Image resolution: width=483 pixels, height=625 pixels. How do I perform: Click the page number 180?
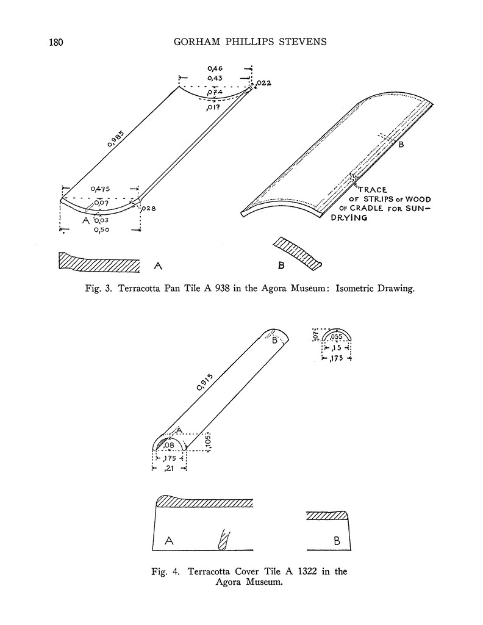55,43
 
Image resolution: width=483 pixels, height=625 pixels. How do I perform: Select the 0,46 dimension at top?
214,69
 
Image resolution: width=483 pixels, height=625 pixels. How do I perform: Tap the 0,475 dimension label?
101,189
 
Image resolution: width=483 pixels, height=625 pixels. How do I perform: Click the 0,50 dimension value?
101,231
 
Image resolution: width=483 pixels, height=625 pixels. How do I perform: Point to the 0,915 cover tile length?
205,381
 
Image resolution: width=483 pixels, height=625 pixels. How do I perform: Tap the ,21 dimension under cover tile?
168,468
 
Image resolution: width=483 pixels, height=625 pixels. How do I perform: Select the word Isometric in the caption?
356,290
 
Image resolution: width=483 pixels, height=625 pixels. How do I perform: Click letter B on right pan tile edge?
401,145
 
